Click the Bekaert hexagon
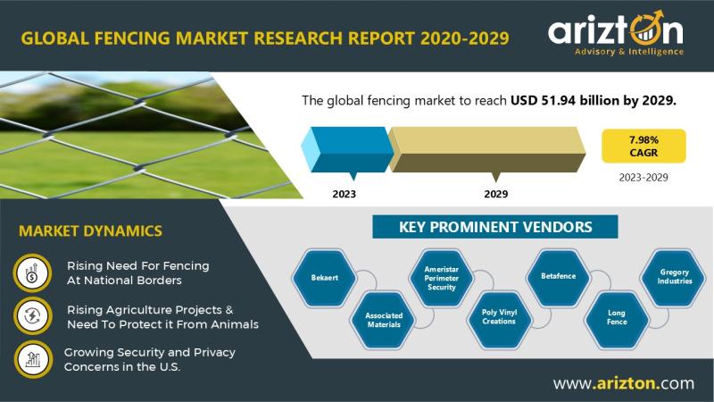point(324,278)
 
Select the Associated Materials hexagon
point(384,320)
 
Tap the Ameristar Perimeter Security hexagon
point(441,278)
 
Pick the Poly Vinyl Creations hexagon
point(500,317)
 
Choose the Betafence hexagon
point(559,276)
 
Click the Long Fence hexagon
point(617,318)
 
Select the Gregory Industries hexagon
point(675,277)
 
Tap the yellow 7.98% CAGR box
point(643,146)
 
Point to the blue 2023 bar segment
point(347,149)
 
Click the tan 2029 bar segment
point(486,149)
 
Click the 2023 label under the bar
point(344,194)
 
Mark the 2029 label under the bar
point(496,194)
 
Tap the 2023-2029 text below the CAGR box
point(643,177)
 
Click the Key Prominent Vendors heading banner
point(495,227)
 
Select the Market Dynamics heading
point(91,230)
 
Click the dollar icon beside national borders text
point(32,273)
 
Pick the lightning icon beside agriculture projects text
point(33,316)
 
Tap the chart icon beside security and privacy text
point(33,360)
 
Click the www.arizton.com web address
point(624,383)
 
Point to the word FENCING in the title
point(132,38)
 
